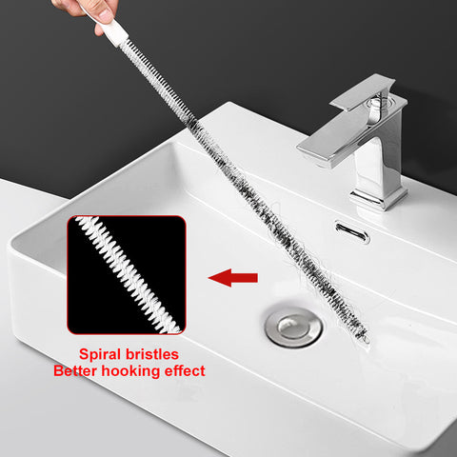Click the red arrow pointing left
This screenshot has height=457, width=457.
(233, 278)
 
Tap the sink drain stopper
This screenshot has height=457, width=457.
(293, 326)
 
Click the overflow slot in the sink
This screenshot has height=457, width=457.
(352, 232)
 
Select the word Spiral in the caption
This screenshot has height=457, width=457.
(100, 354)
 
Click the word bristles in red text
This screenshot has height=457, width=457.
(152, 354)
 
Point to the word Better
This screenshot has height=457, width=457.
(75, 370)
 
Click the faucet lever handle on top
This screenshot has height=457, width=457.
(363, 92)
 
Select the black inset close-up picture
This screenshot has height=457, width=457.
(127, 275)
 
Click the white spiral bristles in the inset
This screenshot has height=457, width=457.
(127, 273)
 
